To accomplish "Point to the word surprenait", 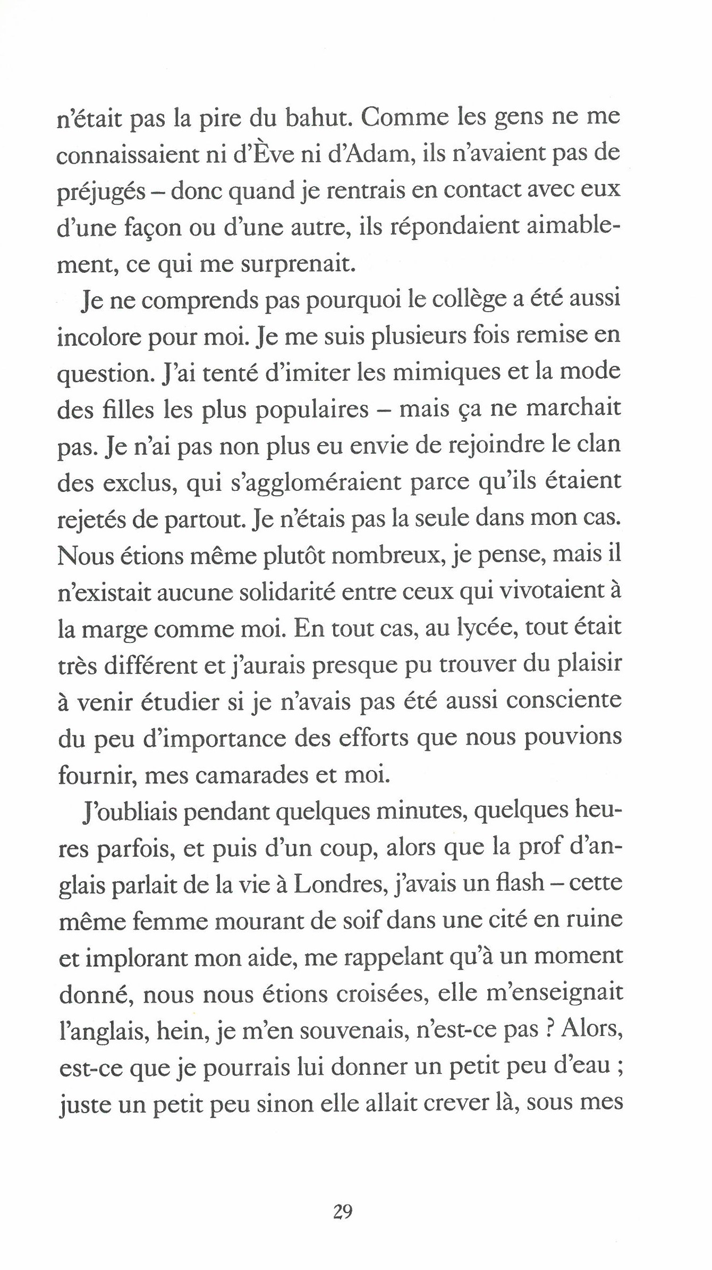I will (298, 264).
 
